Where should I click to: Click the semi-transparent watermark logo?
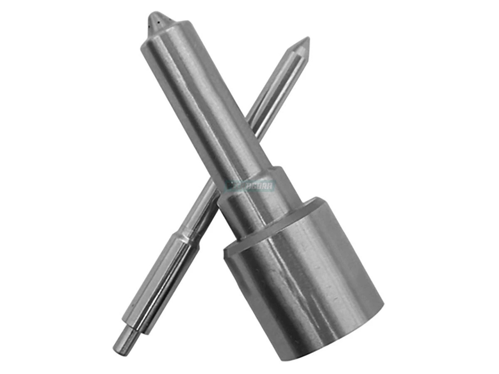pos(249,185)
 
